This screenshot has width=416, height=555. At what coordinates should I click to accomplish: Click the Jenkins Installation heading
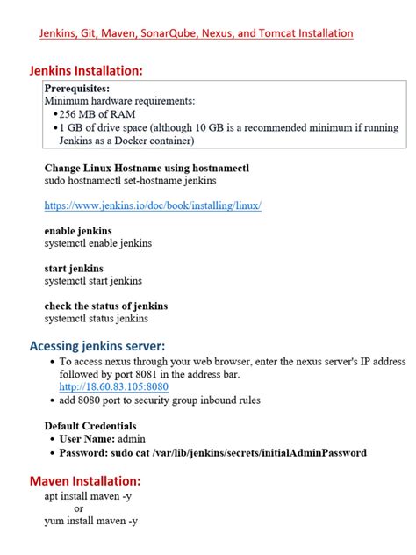click(x=85, y=70)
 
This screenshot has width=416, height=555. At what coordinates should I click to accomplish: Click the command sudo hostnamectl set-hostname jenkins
click(x=130, y=180)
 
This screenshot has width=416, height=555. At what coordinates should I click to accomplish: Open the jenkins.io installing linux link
click(x=153, y=205)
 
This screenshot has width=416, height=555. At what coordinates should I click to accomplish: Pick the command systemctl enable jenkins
click(x=97, y=243)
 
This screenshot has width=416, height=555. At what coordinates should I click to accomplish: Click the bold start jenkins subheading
click(x=73, y=268)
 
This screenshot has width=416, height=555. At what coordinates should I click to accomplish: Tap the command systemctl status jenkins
click(x=96, y=319)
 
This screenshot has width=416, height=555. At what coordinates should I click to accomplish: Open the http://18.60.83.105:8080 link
click(x=113, y=386)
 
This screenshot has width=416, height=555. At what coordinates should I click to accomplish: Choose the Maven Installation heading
click(x=84, y=481)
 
